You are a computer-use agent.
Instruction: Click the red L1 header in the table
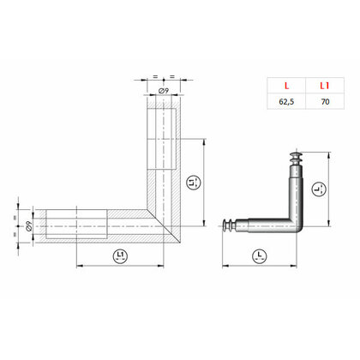click(x=324, y=86)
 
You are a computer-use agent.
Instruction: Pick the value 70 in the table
click(x=324, y=100)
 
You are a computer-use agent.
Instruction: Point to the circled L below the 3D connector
click(x=259, y=255)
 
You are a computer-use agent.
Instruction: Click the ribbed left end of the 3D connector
click(x=229, y=225)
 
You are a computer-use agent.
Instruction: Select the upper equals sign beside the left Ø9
click(x=16, y=213)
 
